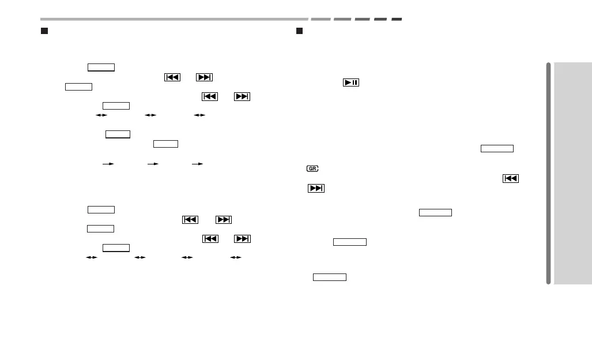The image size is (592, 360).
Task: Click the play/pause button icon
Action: click(x=351, y=82)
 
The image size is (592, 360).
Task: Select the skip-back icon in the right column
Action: click(x=511, y=179)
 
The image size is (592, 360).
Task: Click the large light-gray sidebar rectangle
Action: click(x=574, y=173)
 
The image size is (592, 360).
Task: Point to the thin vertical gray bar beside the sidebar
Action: click(x=549, y=173)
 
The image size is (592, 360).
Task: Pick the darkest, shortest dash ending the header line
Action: click(x=397, y=19)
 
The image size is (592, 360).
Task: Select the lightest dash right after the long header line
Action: click(x=320, y=19)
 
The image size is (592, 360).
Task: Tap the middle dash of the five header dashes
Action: click(x=362, y=19)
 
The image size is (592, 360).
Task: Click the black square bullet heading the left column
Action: click(x=44, y=30)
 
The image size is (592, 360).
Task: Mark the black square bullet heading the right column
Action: click(x=300, y=30)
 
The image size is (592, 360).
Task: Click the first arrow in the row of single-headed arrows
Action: click(x=107, y=164)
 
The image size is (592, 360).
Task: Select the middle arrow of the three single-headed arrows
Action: click(x=153, y=164)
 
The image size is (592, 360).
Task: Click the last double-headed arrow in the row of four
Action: click(x=235, y=257)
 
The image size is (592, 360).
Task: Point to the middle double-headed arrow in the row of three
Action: click(x=150, y=115)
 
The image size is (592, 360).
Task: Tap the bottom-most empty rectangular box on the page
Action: click(x=330, y=277)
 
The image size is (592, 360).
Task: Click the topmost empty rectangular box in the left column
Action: click(x=101, y=67)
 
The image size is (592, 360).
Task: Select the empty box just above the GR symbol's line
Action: click(x=497, y=148)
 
